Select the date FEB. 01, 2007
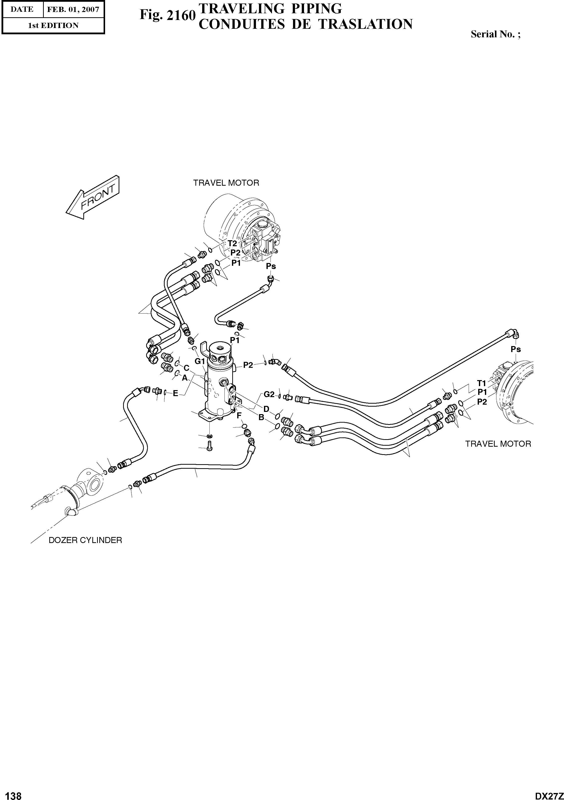tap(73, 10)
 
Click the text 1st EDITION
tap(53, 26)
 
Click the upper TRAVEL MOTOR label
tap(226, 183)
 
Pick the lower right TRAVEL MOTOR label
tap(498, 444)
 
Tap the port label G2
tap(269, 394)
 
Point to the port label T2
tap(232, 243)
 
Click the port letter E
tap(175, 393)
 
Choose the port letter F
tap(239, 415)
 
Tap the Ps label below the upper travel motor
tap(271, 266)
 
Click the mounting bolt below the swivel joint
tap(209, 446)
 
